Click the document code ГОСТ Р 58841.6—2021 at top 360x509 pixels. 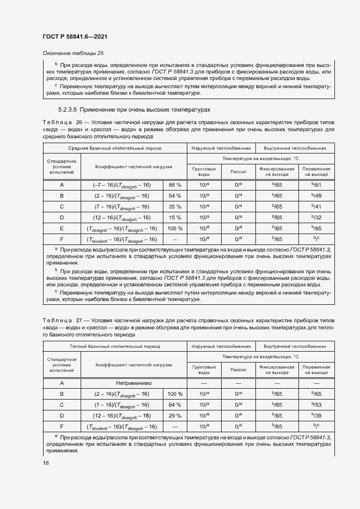74,36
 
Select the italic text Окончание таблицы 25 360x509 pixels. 72,53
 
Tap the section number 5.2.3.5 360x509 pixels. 56,109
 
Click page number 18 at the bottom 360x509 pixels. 45,462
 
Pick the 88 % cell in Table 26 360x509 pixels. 175,185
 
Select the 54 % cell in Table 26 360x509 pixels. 175,195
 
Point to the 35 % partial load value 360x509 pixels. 175,206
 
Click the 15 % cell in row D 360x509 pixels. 175,217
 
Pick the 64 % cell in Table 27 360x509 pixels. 175,405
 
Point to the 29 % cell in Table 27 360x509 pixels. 175,416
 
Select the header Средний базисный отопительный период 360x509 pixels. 114,148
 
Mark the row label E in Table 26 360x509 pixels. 62,228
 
